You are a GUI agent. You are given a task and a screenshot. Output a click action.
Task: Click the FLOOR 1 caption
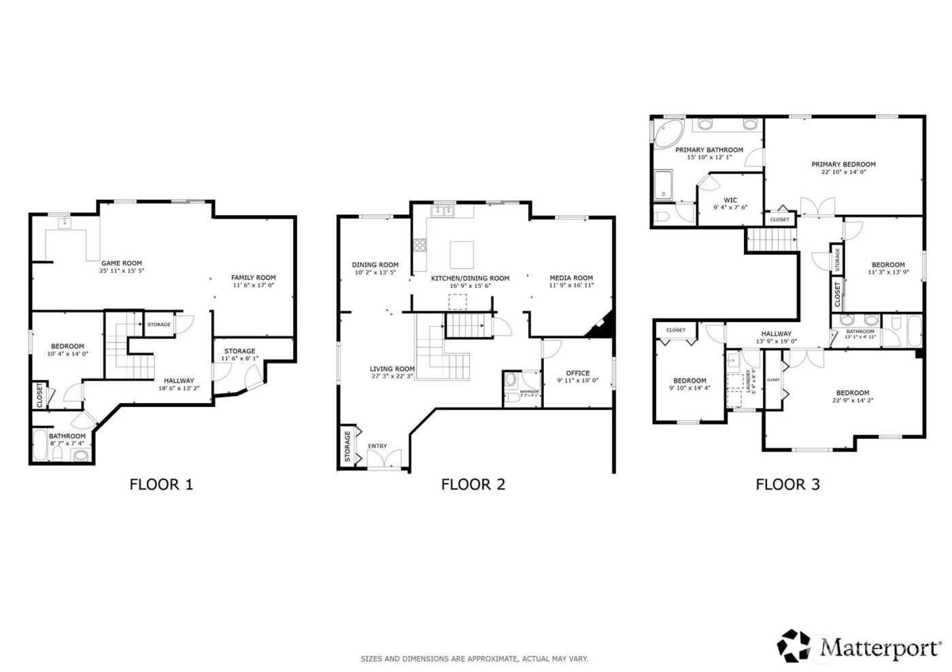click(161, 484)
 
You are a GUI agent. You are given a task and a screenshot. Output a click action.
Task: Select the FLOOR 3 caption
click(787, 484)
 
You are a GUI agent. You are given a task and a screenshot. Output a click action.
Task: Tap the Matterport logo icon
click(794, 646)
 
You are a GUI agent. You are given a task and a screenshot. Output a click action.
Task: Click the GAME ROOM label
click(122, 263)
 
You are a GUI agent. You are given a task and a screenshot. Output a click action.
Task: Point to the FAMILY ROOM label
click(253, 277)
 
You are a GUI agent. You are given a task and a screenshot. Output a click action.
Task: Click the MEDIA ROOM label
click(571, 277)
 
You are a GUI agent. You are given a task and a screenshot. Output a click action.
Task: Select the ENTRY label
click(377, 446)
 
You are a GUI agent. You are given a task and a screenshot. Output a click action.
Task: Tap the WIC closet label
click(730, 200)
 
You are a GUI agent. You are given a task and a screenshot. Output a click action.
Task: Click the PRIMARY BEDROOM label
click(843, 164)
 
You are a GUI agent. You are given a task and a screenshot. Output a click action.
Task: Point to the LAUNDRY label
click(747, 382)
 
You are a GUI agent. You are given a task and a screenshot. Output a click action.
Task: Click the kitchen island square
click(462, 254)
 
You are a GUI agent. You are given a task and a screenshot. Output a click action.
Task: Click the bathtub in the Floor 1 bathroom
click(40, 445)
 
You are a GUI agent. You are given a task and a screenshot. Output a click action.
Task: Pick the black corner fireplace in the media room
click(602, 326)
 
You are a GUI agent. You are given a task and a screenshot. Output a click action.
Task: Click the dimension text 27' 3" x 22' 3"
click(392, 376)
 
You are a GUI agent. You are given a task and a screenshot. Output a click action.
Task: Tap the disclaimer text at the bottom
click(474, 658)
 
